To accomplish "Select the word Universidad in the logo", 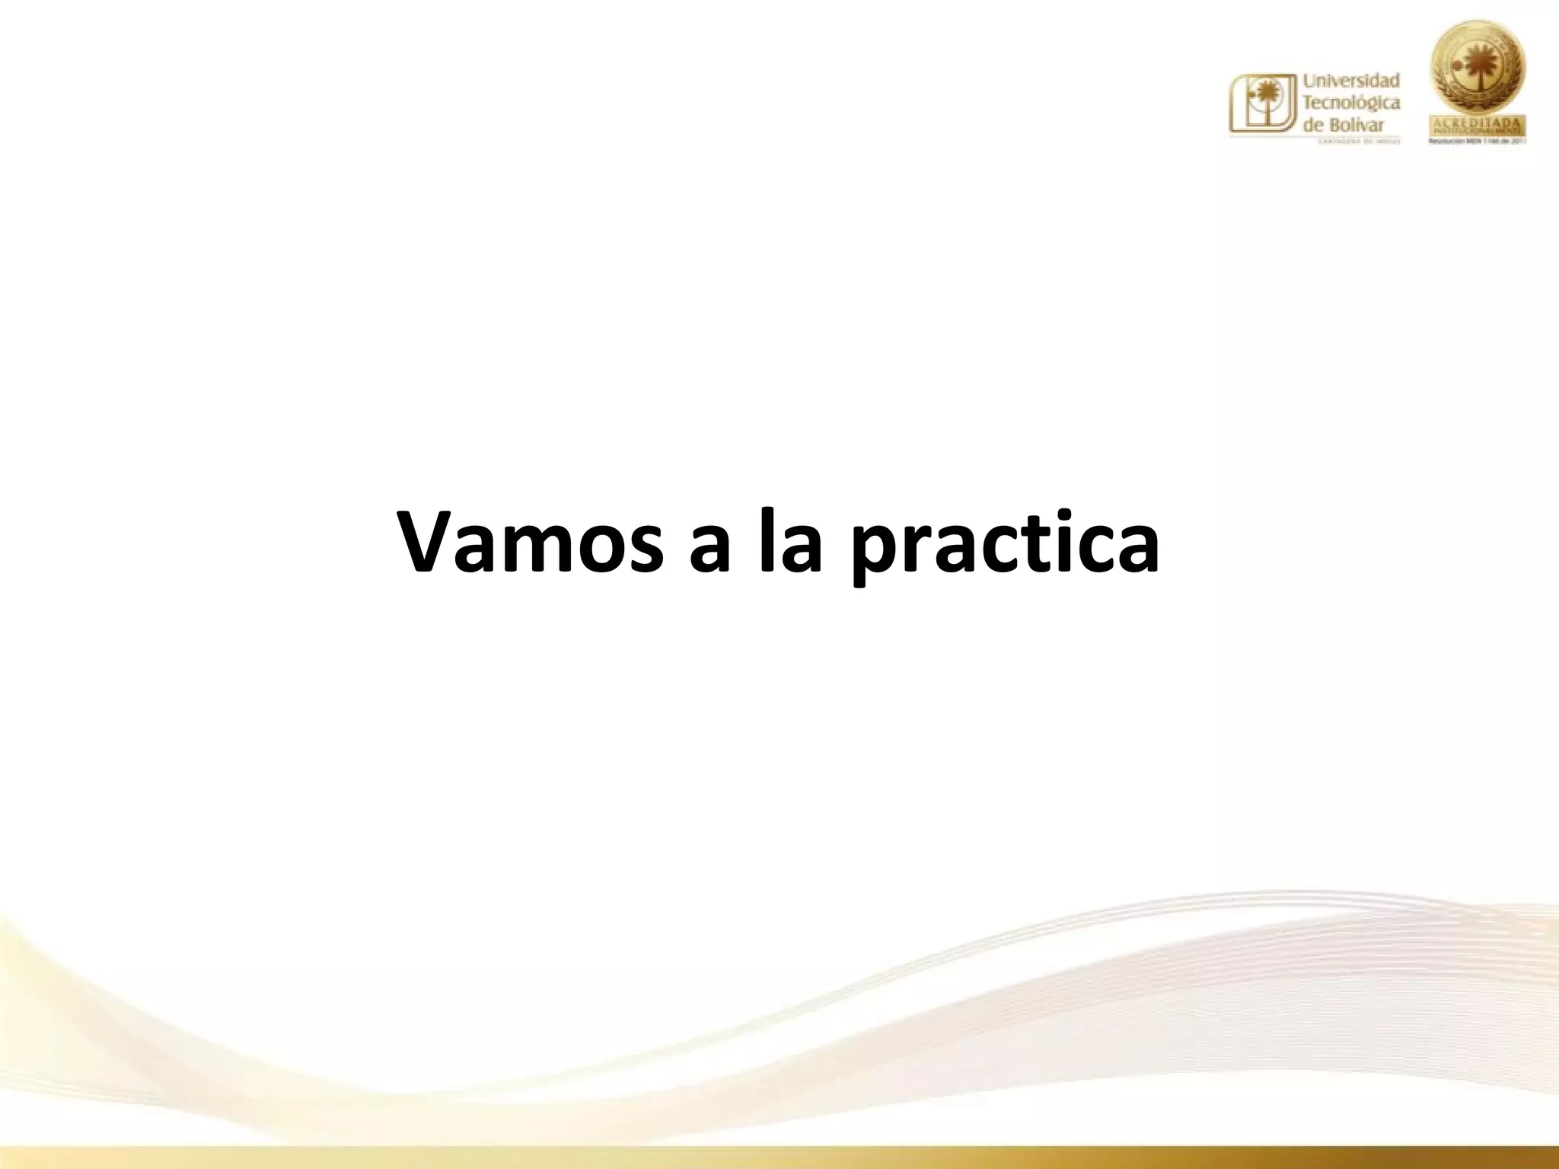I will click(x=1352, y=80).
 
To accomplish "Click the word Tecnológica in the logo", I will click(x=1352, y=103).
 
